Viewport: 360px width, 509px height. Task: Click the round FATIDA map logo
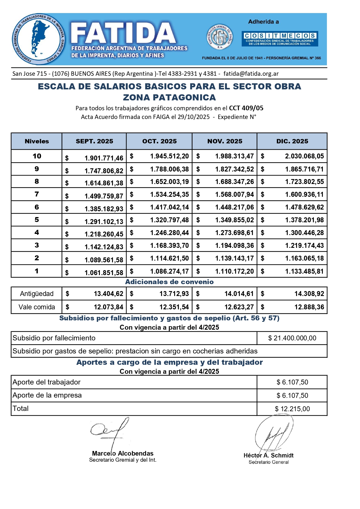(38, 39)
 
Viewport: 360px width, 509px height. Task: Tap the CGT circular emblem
(220, 37)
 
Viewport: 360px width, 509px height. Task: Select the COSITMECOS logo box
(280, 39)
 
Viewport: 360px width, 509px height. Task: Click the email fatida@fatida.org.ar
(251, 74)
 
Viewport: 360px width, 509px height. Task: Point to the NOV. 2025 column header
(225, 141)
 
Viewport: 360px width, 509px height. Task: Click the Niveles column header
(37, 141)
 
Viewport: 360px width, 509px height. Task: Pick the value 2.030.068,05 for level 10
(304, 156)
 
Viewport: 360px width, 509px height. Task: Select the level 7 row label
(37, 194)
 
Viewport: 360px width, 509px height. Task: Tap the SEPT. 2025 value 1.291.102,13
(104, 222)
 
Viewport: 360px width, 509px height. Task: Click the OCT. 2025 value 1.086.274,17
(169, 271)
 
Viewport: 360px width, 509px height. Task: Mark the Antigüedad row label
(37, 294)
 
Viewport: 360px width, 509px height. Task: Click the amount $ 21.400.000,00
(292, 338)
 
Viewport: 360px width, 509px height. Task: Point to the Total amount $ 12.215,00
(292, 409)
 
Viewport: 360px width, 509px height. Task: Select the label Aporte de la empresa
(47, 395)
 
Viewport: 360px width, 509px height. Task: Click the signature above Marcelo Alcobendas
(110, 432)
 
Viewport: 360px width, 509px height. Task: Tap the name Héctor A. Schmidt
(269, 455)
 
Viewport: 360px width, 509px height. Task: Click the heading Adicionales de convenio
(169, 282)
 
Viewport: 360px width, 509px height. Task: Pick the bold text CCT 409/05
(246, 108)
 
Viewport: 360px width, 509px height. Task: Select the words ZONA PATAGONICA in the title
(169, 98)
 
